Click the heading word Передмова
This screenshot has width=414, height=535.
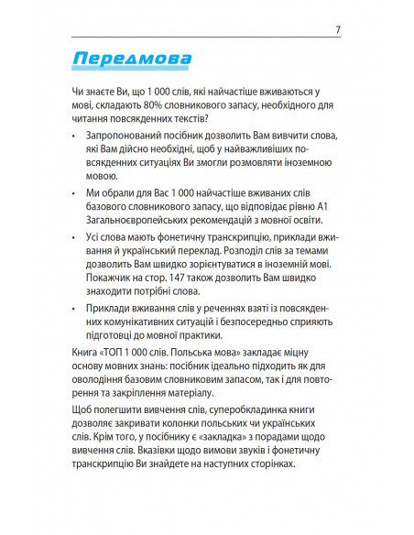click(131, 60)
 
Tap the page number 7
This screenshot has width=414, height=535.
click(338, 30)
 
